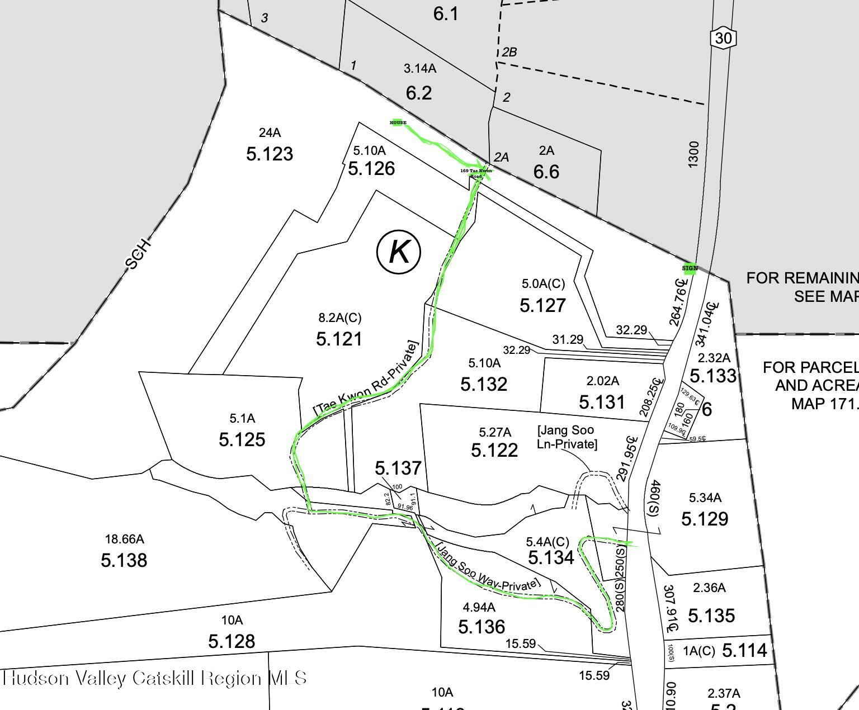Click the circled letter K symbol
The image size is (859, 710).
[399, 252]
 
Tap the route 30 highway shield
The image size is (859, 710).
[723, 38]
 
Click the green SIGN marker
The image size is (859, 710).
[690, 268]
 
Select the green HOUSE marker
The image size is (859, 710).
[398, 122]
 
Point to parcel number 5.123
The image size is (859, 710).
[270, 154]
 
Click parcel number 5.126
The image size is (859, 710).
[371, 168]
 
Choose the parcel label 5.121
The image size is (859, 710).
[339, 339]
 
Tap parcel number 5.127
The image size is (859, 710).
[542, 305]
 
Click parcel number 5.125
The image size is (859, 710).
[242, 439]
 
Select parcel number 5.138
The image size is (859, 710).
[124, 560]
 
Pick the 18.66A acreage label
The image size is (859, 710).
[124, 539]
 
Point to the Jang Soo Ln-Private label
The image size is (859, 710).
[567, 437]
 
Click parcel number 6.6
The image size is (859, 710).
[546, 172]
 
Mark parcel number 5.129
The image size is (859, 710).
[705, 519]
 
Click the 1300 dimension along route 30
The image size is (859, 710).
[693, 153]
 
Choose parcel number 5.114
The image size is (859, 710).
[745, 650]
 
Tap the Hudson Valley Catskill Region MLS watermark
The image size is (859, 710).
[154, 678]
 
